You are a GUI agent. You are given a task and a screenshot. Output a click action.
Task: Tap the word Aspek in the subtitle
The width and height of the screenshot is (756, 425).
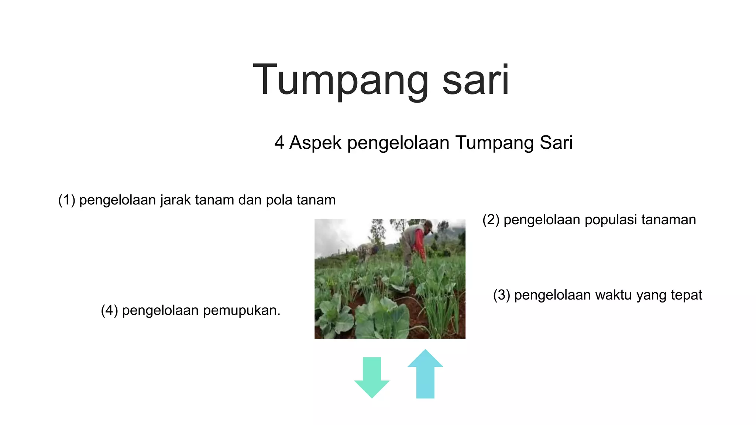(315, 143)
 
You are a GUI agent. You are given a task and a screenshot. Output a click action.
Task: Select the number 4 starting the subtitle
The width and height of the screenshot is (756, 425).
(279, 143)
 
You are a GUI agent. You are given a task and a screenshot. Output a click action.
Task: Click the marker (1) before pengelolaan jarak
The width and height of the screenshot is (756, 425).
(66, 200)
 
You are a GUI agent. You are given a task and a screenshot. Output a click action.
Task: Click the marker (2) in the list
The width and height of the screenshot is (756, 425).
(491, 220)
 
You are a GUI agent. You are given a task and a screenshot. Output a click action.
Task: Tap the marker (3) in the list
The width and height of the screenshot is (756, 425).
(501, 295)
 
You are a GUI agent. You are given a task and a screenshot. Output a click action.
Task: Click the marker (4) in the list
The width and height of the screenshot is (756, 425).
(109, 311)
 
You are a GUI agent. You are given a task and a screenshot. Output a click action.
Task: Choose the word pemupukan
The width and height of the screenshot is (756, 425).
(241, 311)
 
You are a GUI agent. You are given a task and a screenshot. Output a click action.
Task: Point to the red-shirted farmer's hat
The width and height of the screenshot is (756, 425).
(428, 224)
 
